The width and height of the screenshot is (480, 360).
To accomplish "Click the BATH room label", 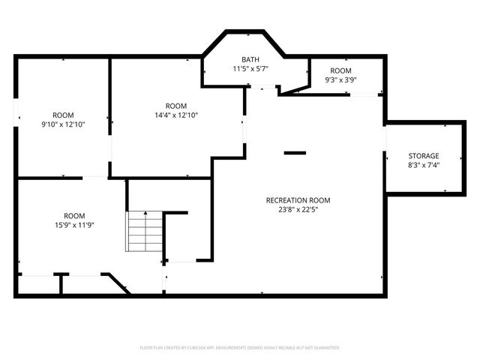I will (250, 59).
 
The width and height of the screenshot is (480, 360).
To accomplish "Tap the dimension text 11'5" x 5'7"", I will (250, 68).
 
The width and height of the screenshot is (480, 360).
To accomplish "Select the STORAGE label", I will (424, 155).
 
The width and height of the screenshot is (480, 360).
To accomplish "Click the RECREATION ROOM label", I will (298, 200).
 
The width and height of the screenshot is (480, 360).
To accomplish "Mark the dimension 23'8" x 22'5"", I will (298, 210).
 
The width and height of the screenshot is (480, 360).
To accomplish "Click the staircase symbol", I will (145, 232).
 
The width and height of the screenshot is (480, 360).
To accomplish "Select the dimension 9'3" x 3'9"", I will (340, 79).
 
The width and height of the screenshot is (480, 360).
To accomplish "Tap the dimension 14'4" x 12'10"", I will (176, 115).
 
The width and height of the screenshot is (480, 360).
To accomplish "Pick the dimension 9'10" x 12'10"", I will (64, 124).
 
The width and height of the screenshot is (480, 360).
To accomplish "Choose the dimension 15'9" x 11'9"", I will (74, 224).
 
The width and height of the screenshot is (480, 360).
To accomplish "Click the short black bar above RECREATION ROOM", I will (295, 153).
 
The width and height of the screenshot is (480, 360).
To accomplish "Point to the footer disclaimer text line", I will (240, 348).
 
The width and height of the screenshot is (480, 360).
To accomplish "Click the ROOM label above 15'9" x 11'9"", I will (74, 215).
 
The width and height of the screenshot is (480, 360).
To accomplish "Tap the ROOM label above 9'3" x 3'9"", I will (340, 70).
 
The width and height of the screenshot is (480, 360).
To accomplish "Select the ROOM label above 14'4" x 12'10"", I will (176, 106).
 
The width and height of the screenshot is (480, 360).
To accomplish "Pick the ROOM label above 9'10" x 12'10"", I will (64, 115).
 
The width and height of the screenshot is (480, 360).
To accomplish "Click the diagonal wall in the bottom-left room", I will (117, 283).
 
